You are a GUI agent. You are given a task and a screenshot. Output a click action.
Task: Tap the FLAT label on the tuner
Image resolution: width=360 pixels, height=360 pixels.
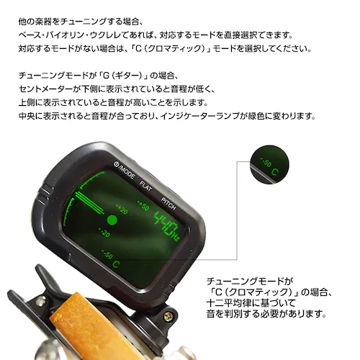[148, 181]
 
